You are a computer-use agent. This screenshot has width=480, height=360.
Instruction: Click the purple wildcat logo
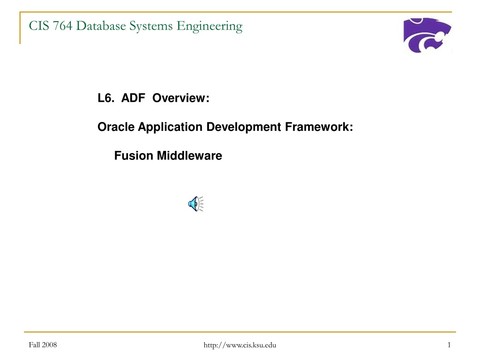(x=427, y=35)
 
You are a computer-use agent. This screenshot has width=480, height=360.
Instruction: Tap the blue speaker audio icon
(x=196, y=204)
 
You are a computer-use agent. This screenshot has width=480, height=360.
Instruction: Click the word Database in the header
(x=101, y=26)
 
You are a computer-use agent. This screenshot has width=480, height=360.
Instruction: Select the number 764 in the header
(x=63, y=26)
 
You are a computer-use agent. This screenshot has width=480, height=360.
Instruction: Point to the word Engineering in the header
(x=210, y=27)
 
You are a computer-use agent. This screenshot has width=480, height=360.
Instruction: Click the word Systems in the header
(x=151, y=27)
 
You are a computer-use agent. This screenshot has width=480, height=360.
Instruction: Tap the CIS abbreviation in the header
(x=39, y=26)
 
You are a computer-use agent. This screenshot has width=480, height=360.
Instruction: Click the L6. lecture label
(x=106, y=98)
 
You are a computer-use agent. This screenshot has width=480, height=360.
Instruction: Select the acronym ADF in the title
(x=133, y=98)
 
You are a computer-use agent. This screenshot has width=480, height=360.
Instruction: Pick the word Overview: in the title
(x=181, y=98)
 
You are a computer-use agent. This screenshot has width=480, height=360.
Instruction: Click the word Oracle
(x=116, y=127)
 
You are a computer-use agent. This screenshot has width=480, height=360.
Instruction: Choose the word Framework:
(x=319, y=127)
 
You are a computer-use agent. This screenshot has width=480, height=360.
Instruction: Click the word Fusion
(x=134, y=156)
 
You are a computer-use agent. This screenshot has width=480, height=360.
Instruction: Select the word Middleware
(x=189, y=156)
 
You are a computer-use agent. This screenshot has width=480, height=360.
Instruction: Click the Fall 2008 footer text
(x=43, y=345)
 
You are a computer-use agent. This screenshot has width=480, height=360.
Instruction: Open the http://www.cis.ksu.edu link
(x=240, y=345)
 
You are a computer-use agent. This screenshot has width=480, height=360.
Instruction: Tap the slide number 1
(x=449, y=345)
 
